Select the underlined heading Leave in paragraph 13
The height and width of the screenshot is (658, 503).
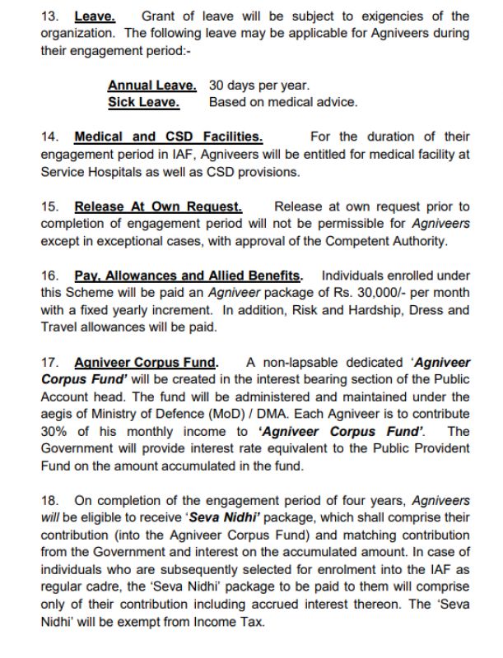pos(95,16)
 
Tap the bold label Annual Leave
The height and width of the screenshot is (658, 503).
pos(152,86)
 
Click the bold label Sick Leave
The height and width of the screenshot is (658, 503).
pos(143,102)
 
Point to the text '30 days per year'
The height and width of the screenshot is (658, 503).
pos(259,86)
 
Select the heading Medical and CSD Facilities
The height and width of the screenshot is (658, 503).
pos(168,137)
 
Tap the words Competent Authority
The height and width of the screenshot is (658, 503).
pos(390,241)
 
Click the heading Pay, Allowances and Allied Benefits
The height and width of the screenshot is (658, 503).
pos(188,276)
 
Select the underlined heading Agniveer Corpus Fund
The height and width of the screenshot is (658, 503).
pos(147,362)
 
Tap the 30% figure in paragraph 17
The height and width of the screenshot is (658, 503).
pos(54,431)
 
